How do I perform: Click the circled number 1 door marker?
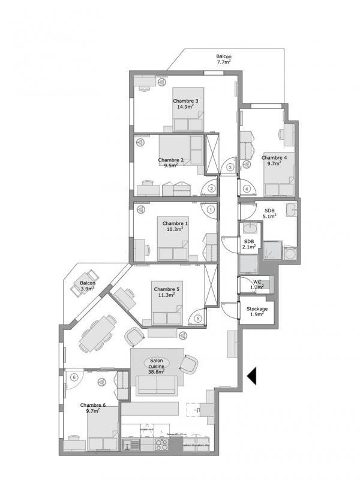click(x=211, y=210)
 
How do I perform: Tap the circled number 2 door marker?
click(x=211, y=188)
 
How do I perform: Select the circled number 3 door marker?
click(x=230, y=168)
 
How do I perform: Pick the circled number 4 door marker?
click(x=247, y=188)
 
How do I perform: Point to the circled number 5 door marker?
click(x=198, y=319)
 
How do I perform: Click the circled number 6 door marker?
click(x=74, y=377)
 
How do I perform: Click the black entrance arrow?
click(x=252, y=376)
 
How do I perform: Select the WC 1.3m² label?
click(x=256, y=284)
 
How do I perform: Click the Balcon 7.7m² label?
click(x=224, y=59)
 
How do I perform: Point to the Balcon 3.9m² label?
click(x=88, y=286)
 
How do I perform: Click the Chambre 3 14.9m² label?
click(x=185, y=104)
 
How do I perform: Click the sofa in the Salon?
click(x=156, y=385)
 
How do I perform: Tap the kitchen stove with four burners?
click(x=161, y=445)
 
